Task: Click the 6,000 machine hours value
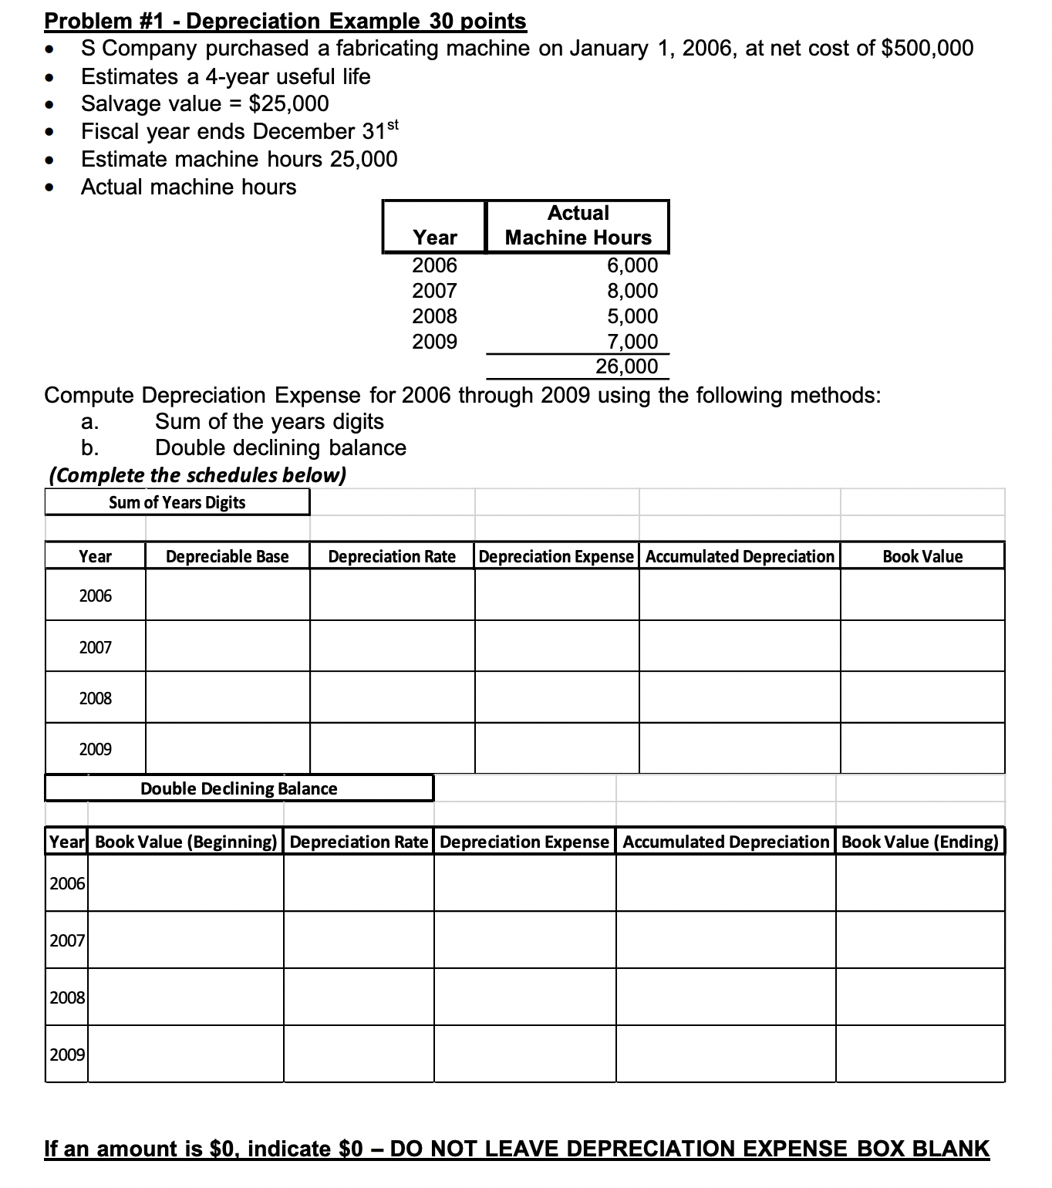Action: pyautogui.click(x=632, y=265)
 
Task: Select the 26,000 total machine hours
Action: pyautogui.click(x=626, y=366)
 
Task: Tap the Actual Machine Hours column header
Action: pyautogui.click(x=578, y=225)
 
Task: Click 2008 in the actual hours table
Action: pyautogui.click(x=434, y=316)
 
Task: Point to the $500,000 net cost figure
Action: pyautogui.click(x=927, y=49)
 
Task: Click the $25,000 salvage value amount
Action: pyautogui.click(x=288, y=103)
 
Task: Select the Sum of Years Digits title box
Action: pyautogui.click(x=177, y=502)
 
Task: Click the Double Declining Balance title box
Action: pyautogui.click(x=239, y=788)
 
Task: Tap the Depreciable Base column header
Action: pyautogui.click(x=228, y=556)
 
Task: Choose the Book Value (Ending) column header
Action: pyautogui.click(x=920, y=842)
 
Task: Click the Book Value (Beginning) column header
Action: pyautogui.click(x=186, y=842)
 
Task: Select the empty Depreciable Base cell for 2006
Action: pyautogui.click(x=228, y=595)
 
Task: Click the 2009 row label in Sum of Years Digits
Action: pyautogui.click(x=96, y=749)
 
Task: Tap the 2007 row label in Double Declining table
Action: pyautogui.click(x=67, y=940)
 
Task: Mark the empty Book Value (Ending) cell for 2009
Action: pyautogui.click(x=920, y=1054)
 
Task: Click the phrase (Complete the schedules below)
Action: pyautogui.click(x=197, y=475)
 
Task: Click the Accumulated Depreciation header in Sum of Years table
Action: pyautogui.click(x=740, y=556)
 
